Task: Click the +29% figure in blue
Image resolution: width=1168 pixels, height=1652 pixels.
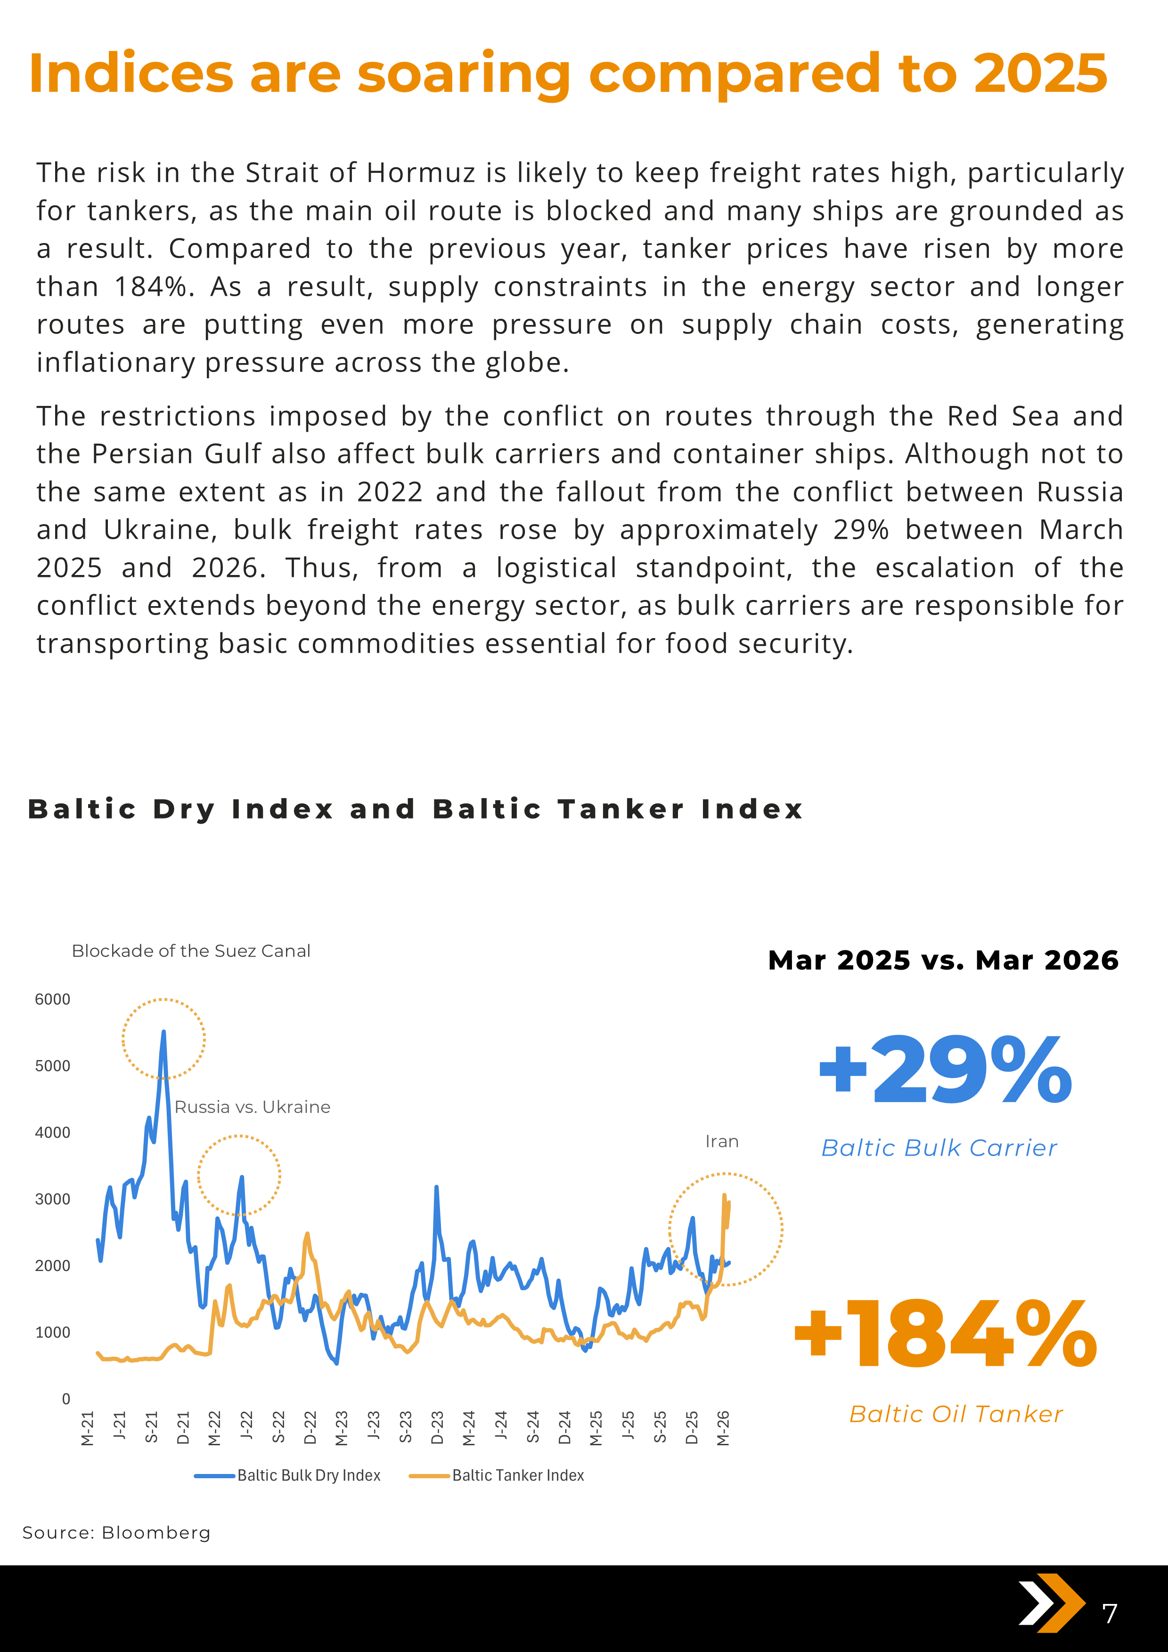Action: click(x=945, y=1070)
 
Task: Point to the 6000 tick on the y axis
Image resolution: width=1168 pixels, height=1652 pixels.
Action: click(x=53, y=999)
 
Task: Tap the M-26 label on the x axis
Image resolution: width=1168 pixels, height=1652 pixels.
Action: click(x=723, y=1428)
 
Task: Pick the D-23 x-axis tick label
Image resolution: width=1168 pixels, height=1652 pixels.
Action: click(x=437, y=1428)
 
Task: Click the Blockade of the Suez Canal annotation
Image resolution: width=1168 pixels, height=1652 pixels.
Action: click(x=191, y=951)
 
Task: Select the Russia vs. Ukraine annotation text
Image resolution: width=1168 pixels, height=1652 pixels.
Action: click(x=252, y=1107)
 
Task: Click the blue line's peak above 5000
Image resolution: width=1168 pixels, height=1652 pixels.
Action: click(x=163, y=1032)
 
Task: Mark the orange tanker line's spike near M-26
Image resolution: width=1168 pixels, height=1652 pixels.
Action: click(x=724, y=1196)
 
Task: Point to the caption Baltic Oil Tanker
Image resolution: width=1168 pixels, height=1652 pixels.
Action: click(x=956, y=1414)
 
